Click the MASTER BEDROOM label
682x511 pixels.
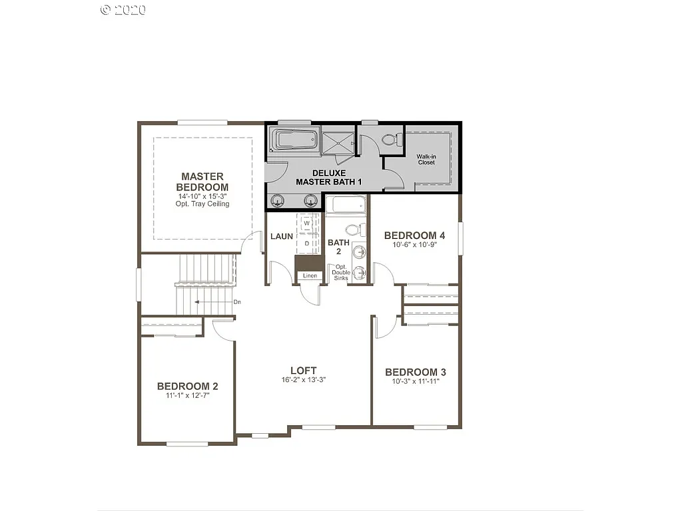tap(202, 182)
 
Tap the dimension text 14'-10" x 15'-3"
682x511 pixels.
tap(202, 196)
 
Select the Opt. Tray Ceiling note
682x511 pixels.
tap(202, 204)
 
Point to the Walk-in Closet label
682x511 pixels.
tap(426, 159)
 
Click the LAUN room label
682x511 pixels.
tap(282, 236)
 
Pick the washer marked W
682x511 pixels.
tap(307, 224)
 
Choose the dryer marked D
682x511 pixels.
tap(307, 244)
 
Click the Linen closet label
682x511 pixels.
tap(310, 275)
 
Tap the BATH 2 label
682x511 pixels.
tap(338, 247)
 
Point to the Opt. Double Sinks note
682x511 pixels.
tap(341, 272)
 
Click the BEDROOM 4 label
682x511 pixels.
tap(414, 236)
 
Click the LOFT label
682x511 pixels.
tap(303, 371)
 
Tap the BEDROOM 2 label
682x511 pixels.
tap(187, 386)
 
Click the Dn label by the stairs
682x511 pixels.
tap(237, 302)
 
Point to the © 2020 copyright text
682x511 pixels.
tap(123, 9)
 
